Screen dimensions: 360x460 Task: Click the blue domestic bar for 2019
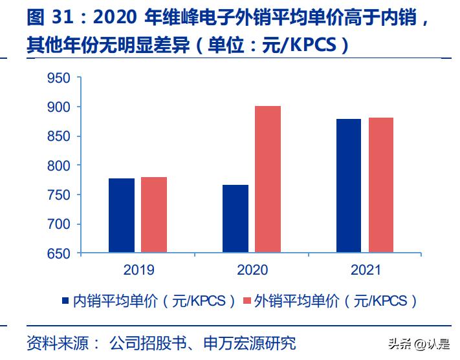tap(122, 215)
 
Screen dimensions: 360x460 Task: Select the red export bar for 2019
tap(154, 215)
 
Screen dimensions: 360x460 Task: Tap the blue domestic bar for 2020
tap(235, 218)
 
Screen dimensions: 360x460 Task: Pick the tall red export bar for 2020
tap(268, 179)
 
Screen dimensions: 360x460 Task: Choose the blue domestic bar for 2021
tap(349, 185)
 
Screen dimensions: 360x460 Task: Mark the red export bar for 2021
tap(380, 185)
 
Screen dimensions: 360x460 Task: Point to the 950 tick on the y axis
tap(59, 78)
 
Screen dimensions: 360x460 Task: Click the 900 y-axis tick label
tap(59, 107)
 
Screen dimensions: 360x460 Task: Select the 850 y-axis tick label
tap(59, 136)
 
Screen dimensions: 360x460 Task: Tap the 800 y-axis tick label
tap(59, 166)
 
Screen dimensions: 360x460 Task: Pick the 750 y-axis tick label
tap(59, 195)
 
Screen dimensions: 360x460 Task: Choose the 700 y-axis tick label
tap(59, 224)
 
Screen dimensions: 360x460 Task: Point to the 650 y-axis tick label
tap(59, 254)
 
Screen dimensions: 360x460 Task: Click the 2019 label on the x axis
tap(138, 270)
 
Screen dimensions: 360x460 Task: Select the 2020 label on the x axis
tap(252, 270)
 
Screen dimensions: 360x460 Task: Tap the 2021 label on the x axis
tap(365, 270)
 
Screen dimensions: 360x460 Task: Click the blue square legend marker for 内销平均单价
tap(65, 301)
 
